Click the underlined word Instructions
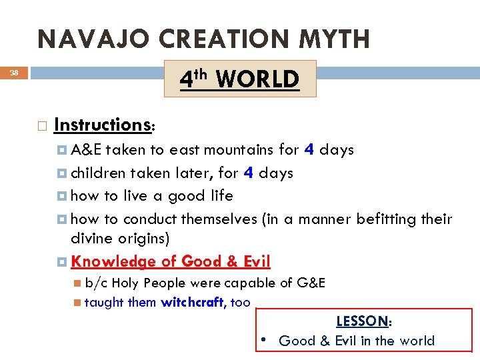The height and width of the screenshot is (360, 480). (x=103, y=125)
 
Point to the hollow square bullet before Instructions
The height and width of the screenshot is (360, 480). (x=42, y=125)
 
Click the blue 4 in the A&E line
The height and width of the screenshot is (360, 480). (x=309, y=149)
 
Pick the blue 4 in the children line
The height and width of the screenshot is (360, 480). (x=248, y=173)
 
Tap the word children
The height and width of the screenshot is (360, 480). (x=99, y=173)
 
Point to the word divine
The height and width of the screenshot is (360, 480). (x=91, y=239)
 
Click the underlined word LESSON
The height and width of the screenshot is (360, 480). (x=362, y=321)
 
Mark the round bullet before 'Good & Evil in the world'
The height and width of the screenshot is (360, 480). (x=264, y=341)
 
